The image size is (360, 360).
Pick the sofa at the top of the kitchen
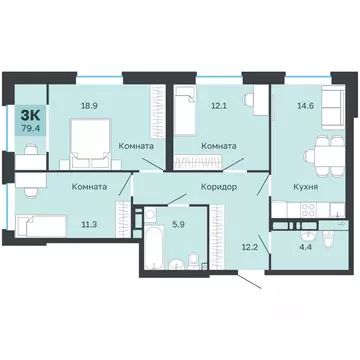(x=323, y=101)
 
